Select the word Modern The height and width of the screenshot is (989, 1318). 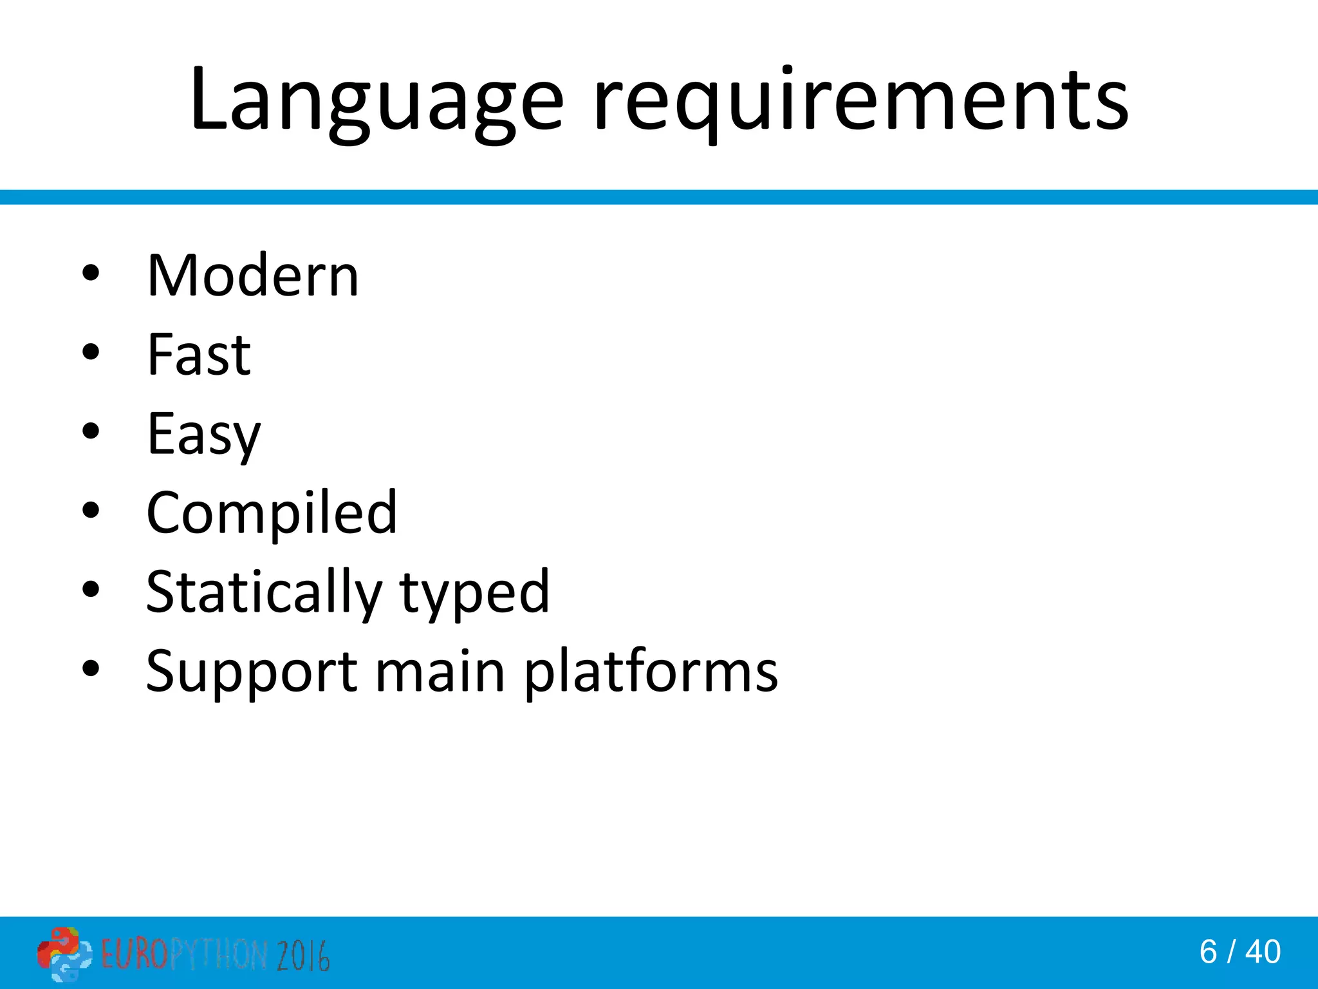pos(253,276)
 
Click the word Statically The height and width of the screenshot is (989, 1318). pos(265,592)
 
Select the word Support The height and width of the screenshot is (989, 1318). pos(252,672)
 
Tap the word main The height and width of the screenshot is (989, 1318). pos(440,672)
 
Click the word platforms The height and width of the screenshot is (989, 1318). pos(651,672)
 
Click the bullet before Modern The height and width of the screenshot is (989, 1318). pos(91,273)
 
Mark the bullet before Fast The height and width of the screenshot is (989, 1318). pos(91,352)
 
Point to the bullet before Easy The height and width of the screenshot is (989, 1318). pos(91,431)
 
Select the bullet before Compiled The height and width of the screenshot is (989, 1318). pos(91,510)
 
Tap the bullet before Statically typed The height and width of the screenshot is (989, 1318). pos(91,589)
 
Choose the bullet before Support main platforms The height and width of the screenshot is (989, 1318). pos(91,668)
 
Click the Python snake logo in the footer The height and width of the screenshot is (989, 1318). pos(64,954)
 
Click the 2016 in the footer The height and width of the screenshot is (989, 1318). pos(303,955)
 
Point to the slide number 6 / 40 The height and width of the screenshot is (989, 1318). pos(1240,952)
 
